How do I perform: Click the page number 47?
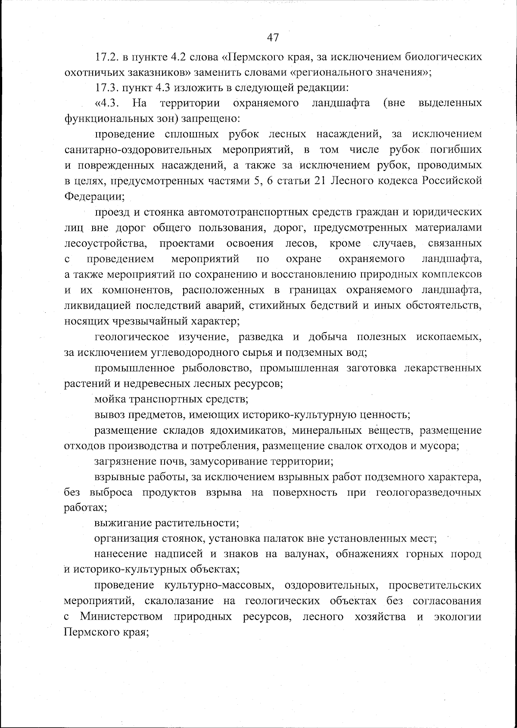[x=273, y=37]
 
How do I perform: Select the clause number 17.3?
[x=107, y=88]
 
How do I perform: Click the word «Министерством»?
[x=121, y=617]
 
